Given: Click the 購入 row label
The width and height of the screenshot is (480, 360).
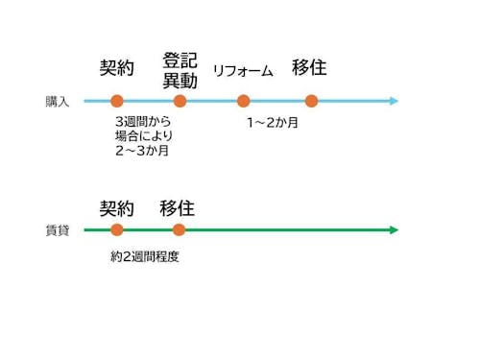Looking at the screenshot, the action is click(x=58, y=101).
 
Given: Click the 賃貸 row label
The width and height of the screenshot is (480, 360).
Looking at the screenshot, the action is click(x=58, y=230).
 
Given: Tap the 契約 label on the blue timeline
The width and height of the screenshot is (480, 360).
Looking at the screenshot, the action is click(x=117, y=67).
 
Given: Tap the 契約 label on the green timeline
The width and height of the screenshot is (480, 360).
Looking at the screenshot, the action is click(x=117, y=207).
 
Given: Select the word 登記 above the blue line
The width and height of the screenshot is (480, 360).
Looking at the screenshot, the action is click(x=180, y=60).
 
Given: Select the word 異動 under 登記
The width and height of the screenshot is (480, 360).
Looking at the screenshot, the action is click(x=180, y=81).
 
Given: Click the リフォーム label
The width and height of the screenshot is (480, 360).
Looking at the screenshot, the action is click(x=243, y=70).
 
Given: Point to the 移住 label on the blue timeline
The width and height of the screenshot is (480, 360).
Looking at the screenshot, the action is click(x=309, y=67).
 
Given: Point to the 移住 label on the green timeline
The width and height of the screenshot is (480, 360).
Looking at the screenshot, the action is click(x=178, y=207).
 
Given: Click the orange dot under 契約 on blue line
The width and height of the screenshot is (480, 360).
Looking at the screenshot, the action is click(x=117, y=101).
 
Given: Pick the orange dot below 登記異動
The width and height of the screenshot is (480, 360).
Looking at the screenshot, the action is click(x=180, y=101).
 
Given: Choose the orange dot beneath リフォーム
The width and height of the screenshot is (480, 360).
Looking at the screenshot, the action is click(x=243, y=101).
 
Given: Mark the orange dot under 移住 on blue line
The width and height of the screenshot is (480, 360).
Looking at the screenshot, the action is click(x=311, y=101).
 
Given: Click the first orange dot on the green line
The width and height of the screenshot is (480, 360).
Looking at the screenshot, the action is click(x=117, y=230).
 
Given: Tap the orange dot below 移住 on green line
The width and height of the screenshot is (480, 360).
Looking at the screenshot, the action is click(x=179, y=230).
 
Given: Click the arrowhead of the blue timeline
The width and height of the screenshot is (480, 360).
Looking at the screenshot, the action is click(x=393, y=101).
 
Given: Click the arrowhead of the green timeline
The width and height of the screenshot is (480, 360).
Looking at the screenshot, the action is click(x=393, y=230).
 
